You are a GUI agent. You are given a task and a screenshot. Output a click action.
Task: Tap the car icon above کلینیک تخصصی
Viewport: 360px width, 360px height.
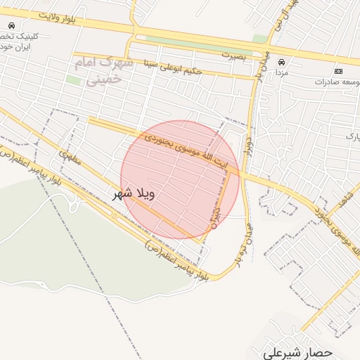point(12,25)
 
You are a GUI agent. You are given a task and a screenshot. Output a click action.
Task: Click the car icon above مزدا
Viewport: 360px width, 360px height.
point(282,62)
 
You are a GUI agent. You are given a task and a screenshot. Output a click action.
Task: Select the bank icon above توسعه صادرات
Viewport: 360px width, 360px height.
point(339,72)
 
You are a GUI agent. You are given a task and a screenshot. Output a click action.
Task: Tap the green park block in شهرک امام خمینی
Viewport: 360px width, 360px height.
point(73,80)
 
